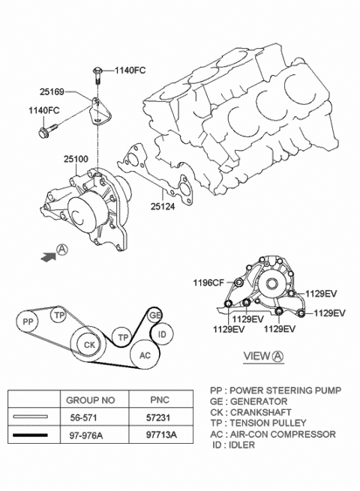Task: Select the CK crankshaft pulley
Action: tap(88, 344)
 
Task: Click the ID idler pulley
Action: tap(164, 332)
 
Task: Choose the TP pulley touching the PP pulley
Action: tap(59, 316)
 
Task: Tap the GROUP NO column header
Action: tap(91, 400)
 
